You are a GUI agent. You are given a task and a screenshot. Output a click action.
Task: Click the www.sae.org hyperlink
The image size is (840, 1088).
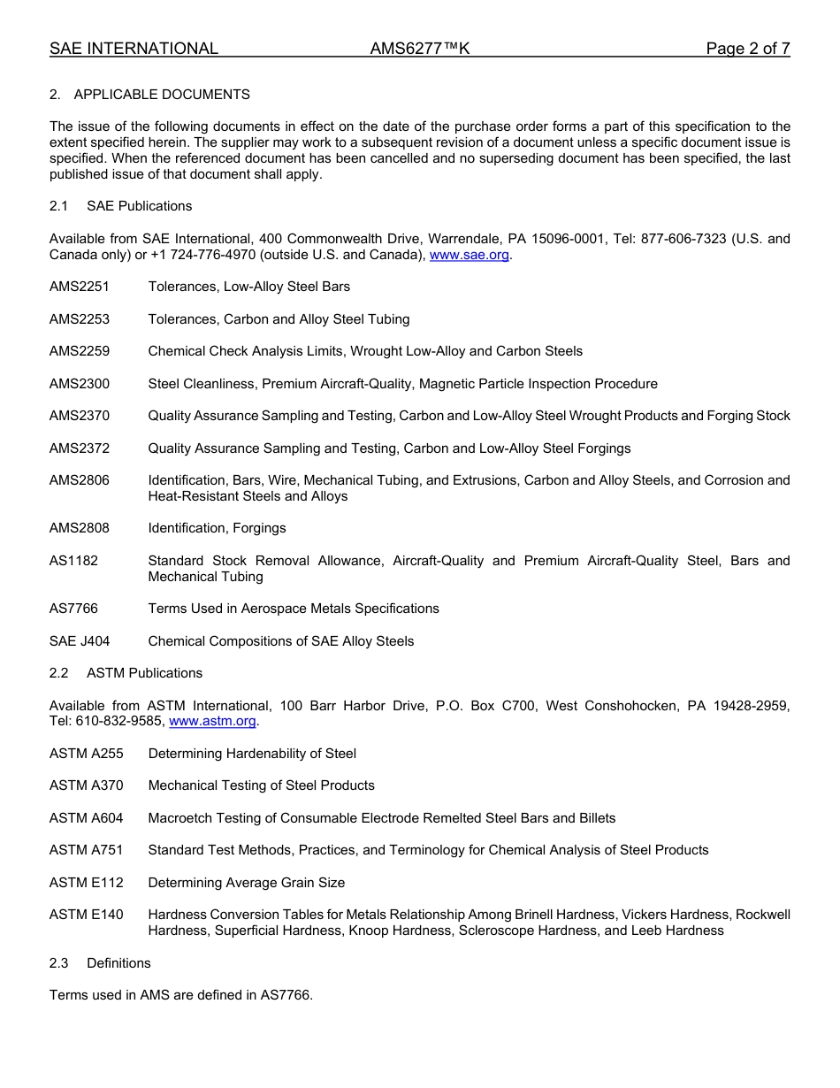(x=469, y=255)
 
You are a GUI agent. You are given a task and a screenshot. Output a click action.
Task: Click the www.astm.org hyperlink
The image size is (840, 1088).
(x=212, y=721)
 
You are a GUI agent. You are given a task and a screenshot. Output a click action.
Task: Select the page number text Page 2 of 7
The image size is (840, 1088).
(x=747, y=49)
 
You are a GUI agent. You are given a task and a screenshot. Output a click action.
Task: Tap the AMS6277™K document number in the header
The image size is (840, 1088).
(x=420, y=49)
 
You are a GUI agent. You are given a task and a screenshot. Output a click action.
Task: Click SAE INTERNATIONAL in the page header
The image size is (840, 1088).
(x=134, y=49)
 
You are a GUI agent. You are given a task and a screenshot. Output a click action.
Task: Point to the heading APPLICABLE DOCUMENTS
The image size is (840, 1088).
(x=162, y=95)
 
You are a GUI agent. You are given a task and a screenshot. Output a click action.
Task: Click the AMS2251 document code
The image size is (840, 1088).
(x=80, y=287)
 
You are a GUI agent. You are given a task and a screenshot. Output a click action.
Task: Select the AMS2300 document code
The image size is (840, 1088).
(x=80, y=384)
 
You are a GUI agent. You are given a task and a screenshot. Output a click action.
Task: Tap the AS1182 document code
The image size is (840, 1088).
(x=73, y=561)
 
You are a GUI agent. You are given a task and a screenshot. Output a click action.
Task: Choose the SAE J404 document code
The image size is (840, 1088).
(x=80, y=641)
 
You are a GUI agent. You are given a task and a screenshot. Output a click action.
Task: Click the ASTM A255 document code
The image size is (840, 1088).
(x=87, y=754)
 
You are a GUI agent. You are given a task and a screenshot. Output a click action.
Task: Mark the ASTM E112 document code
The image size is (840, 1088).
(x=87, y=883)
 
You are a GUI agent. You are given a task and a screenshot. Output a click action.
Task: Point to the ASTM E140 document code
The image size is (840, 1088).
(x=87, y=915)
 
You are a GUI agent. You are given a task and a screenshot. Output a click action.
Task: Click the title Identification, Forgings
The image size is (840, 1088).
(x=217, y=528)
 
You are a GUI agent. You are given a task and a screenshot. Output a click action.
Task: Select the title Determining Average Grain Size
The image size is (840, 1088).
(x=247, y=883)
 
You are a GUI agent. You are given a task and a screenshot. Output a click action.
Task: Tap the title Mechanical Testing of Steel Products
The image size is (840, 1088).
(x=261, y=785)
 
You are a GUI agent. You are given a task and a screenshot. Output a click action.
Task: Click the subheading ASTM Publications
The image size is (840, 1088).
(x=144, y=673)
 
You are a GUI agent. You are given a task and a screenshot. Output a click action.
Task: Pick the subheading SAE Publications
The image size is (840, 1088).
(x=139, y=206)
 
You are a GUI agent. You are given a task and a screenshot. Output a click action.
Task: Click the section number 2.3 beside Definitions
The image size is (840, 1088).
(x=59, y=963)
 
